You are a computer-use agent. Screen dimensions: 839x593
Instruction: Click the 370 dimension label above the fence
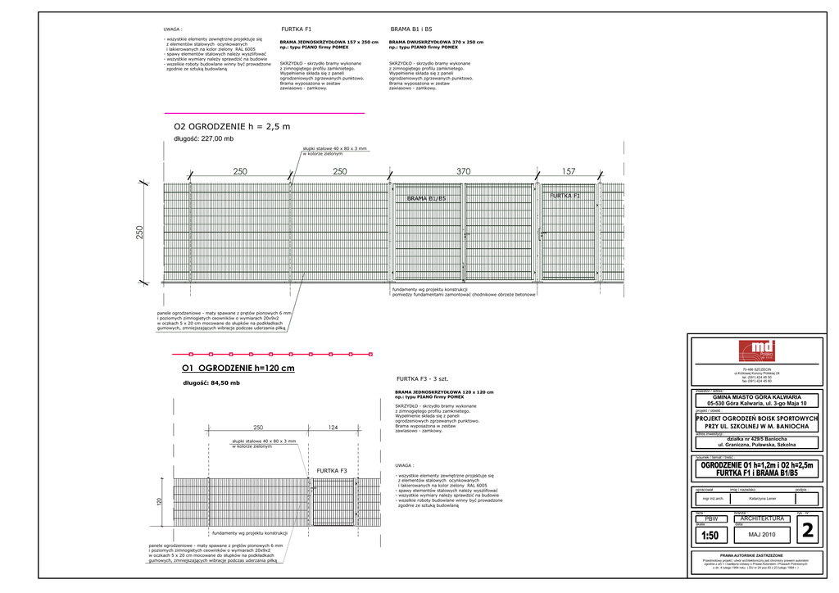[464, 171]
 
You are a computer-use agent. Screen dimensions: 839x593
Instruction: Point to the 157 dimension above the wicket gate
[569, 171]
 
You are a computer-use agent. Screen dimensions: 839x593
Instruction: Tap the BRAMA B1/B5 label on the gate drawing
[426, 199]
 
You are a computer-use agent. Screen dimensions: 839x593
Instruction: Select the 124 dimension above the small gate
[333, 428]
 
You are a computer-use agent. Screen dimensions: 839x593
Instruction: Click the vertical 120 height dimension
[161, 500]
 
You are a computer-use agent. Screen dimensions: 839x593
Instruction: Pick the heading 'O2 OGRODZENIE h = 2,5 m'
[232, 127]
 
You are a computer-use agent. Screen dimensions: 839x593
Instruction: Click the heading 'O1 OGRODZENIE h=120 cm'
[238, 368]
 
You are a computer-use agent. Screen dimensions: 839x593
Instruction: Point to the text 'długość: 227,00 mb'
[203, 139]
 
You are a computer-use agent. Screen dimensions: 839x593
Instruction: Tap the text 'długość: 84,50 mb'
[211, 383]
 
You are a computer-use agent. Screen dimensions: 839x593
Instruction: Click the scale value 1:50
[710, 536]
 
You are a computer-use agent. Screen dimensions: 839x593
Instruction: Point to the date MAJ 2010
[762, 535]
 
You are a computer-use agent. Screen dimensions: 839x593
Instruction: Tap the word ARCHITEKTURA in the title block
[762, 518]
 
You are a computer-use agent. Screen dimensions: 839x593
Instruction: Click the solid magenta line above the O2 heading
[265, 112]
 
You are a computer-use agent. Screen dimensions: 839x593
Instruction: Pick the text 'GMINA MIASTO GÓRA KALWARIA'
[756, 396]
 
